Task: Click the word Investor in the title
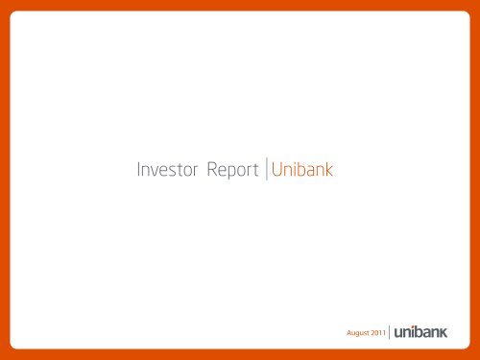tap(163, 172)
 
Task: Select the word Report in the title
tap(228, 173)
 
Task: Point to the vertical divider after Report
tap(266, 172)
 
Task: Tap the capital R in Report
tap(199, 172)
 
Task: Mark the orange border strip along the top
tap(240, 7)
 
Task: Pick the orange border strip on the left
tap(5, 180)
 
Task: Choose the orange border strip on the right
tap(474, 180)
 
